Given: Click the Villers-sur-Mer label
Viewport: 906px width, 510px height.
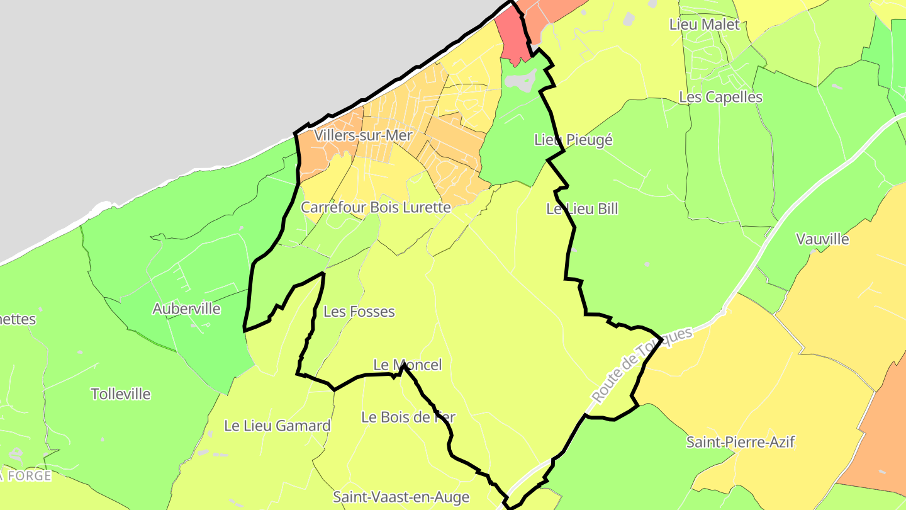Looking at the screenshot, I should tap(363, 135).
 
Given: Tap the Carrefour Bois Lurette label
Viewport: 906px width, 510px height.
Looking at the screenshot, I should tap(376, 207).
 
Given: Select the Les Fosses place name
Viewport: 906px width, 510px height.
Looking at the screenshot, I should tap(359, 312).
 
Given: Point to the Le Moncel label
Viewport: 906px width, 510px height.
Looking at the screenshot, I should tap(408, 365).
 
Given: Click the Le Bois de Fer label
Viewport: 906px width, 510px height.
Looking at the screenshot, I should tap(408, 417).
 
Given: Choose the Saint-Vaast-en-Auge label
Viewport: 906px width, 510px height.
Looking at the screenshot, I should tap(401, 497).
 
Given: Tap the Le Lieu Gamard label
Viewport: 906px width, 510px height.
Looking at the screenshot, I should tap(277, 426).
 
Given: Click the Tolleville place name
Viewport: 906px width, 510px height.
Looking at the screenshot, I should tap(121, 394).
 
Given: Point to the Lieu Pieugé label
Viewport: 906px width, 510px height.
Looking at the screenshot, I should tap(573, 140).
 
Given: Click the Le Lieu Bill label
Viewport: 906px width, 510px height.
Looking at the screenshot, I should tap(582, 209).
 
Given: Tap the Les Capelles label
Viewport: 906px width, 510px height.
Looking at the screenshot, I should tap(720, 98).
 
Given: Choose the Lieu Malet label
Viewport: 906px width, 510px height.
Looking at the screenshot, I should tap(705, 25).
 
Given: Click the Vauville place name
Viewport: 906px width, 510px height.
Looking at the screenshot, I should tap(822, 239).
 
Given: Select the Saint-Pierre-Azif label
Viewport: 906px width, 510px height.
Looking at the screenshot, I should tap(741, 442).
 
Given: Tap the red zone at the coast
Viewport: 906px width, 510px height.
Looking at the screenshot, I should tap(511, 38).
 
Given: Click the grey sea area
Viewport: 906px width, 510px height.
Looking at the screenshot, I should tap(189, 82).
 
